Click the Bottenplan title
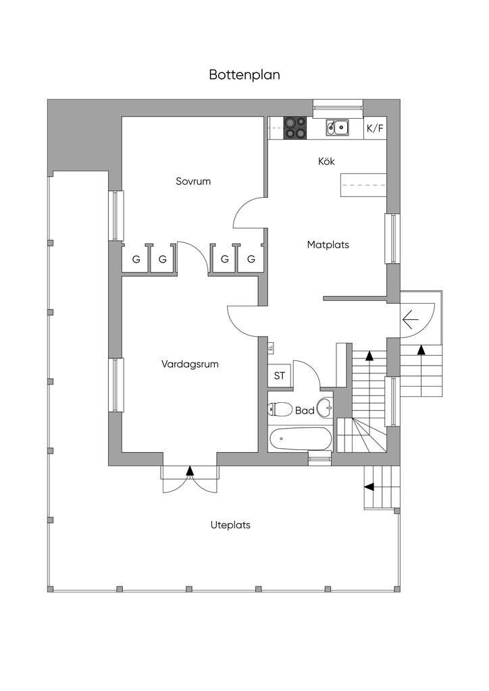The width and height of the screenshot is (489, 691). (x=244, y=75)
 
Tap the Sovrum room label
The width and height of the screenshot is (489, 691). (x=194, y=181)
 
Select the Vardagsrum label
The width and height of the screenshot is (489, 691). (x=190, y=364)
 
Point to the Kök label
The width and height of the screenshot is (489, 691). (x=326, y=161)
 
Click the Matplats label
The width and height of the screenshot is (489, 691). (x=328, y=244)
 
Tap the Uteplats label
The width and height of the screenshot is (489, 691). (x=230, y=524)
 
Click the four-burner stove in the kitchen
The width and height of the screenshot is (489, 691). (x=294, y=128)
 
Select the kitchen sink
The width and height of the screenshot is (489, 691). (x=336, y=127)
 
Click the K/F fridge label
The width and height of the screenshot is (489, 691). (x=375, y=128)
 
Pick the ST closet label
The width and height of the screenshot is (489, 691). (x=279, y=376)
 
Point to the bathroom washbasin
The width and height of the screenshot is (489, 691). (x=326, y=407)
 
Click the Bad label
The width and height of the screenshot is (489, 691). (x=305, y=410)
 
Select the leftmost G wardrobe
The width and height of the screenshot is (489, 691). (x=136, y=259)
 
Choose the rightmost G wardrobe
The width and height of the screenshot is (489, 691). (x=251, y=259)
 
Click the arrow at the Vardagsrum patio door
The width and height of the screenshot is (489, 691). (x=190, y=470)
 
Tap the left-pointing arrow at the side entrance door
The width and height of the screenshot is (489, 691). (x=410, y=321)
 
